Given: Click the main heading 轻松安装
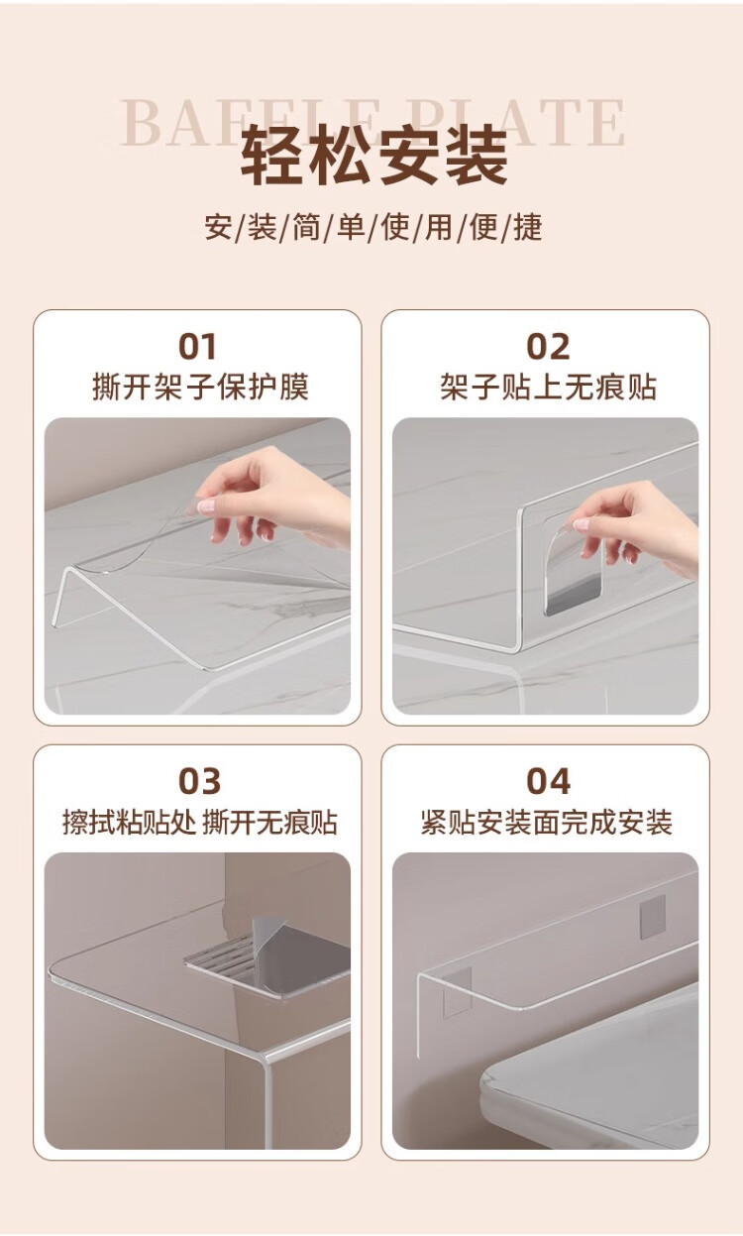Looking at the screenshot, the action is coord(374,155).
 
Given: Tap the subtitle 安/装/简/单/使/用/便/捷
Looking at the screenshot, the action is coord(373,227).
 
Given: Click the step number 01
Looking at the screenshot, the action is coord(197,347).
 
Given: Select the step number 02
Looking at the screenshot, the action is coord(548,347).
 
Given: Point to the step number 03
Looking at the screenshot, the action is coord(199,781).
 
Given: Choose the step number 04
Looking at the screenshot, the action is coord(548,781).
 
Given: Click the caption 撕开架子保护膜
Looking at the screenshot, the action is coord(200,387).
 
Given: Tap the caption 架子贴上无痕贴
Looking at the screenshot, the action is coord(548,387).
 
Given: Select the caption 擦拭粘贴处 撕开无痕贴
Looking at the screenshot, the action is coord(200,822).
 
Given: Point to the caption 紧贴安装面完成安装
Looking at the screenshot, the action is coord(547,822).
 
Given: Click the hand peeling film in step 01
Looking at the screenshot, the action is coord(274,497).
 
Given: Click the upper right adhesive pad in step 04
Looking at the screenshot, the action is coord(653,917).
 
